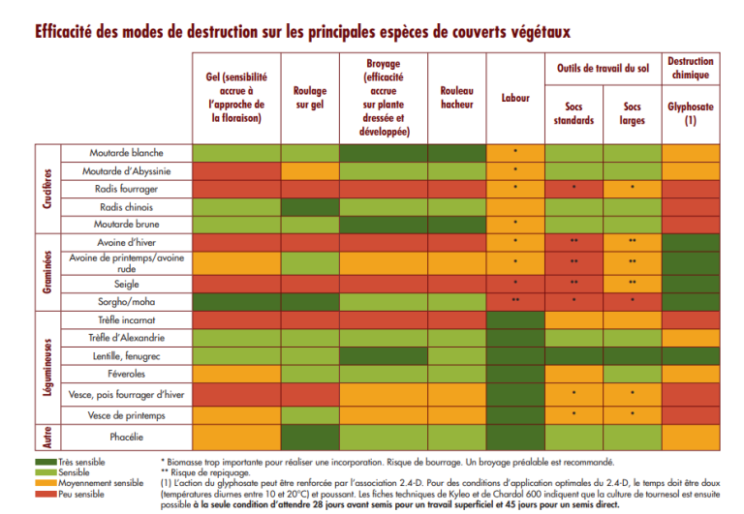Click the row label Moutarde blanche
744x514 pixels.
pos(126,153)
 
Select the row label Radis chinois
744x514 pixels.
pos(126,206)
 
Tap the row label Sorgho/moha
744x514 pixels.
pos(126,301)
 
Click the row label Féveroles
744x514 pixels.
pos(126,373)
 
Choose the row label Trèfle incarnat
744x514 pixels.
pos(126,319)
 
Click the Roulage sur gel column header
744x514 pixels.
pos(310,98)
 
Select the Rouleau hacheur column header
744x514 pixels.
pos(456,98)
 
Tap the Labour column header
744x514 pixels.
pos(515,98)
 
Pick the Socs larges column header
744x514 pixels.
pos(633,113)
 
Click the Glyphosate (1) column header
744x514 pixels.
pos(690,113)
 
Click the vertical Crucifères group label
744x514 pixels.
pos(46,188)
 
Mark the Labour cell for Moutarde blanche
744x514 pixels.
pos(515,153)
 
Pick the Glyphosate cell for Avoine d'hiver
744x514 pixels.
pos(690,242)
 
